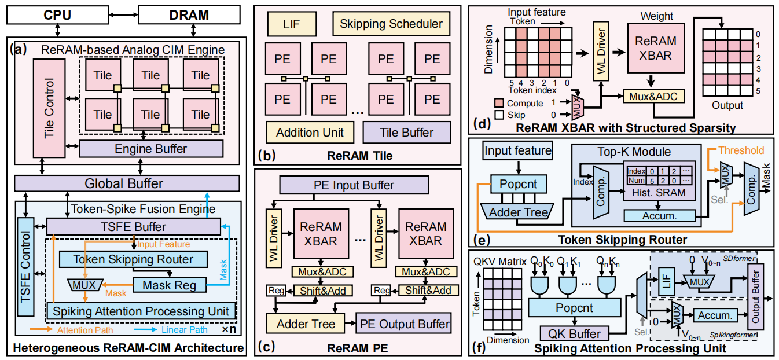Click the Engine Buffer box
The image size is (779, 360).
point(150,148)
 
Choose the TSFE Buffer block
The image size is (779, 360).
point(134,227)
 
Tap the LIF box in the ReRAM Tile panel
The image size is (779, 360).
point(292,24)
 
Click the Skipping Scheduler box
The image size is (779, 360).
point(391,24)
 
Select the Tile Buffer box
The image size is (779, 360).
point(406,133)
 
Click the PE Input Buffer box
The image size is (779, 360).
point(354,185)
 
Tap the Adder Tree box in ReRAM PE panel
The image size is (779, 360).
point(305,325)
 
